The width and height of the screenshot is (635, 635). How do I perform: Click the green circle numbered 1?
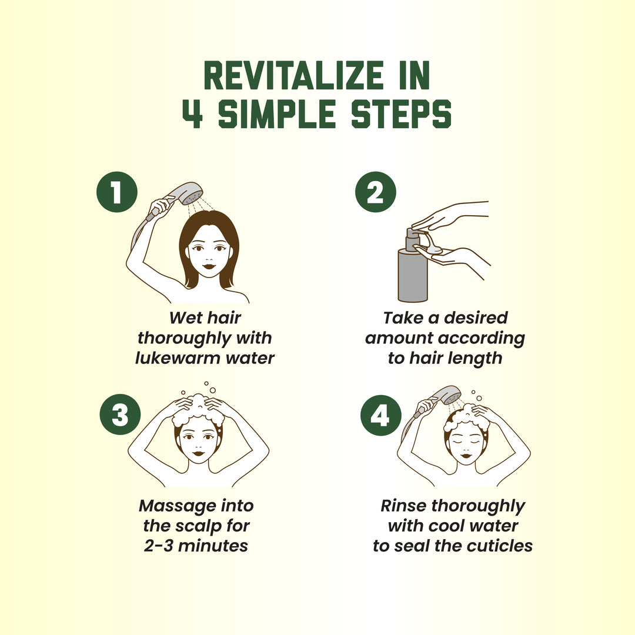point(117,192)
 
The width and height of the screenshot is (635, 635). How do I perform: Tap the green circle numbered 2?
point(375,192)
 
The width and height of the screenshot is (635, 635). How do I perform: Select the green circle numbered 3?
point(121,415)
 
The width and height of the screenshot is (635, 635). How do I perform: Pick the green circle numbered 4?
point(380,415)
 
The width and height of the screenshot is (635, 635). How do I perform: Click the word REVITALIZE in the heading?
point(294,76)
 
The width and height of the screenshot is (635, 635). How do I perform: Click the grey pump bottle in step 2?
point(413,268)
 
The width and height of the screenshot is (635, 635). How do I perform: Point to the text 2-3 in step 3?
point(158,546)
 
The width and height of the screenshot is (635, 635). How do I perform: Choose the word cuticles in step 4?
point(499,546)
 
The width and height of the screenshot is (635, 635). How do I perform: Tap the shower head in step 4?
point(447,395)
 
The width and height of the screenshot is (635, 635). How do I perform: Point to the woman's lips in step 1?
point(209,266)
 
